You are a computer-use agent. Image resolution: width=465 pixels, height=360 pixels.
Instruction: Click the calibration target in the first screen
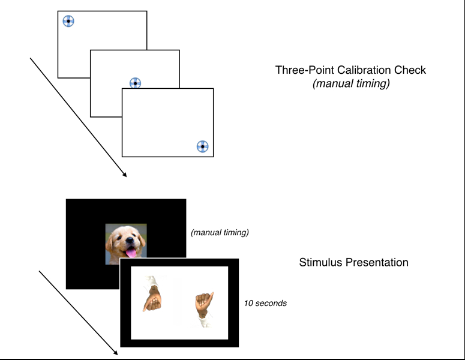68,22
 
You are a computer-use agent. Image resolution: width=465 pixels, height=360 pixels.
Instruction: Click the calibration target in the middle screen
135,83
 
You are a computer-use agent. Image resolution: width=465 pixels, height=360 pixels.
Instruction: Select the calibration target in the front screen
202,146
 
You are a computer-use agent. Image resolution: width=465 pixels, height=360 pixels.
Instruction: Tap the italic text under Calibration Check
351,84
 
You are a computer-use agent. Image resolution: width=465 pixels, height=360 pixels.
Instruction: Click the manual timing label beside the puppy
220,232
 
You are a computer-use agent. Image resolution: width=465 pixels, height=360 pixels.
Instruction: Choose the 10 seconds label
265,303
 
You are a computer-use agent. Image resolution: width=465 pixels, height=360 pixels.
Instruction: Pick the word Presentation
378,262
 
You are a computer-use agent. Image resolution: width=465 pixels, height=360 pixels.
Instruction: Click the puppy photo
126,244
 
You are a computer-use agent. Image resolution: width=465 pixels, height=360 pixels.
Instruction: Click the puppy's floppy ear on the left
112,240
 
